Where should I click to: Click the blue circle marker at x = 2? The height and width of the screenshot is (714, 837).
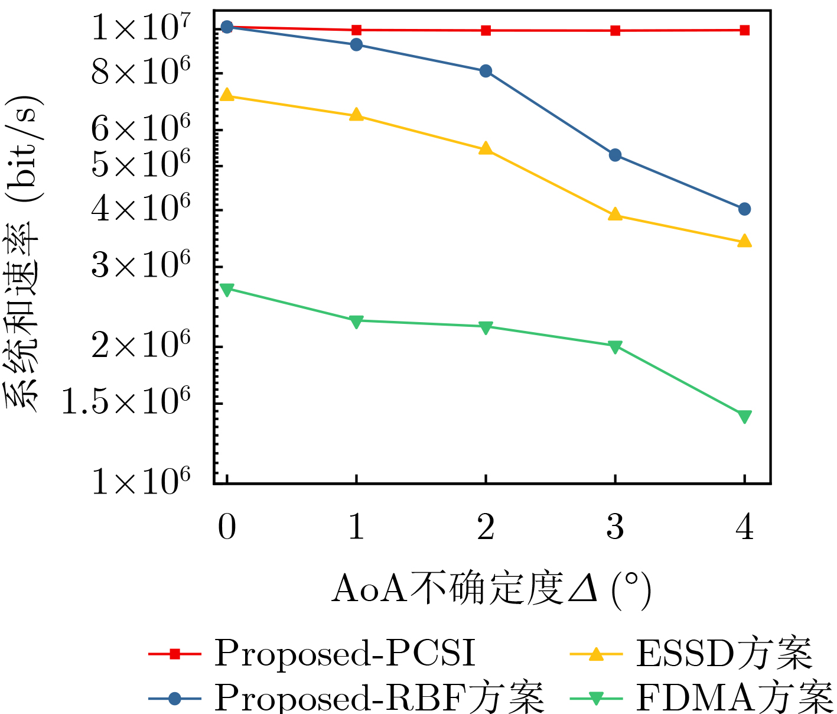(x=486, y=71)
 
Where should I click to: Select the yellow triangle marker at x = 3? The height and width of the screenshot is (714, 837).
(x=615, y=215)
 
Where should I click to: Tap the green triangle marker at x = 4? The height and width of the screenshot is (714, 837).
(x=744, y=417)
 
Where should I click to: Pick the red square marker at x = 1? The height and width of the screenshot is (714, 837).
(x=356, y=30)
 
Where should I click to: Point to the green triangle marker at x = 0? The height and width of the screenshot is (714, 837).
(x=227, y=289)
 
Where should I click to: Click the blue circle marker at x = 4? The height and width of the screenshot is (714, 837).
(x=744, y=209)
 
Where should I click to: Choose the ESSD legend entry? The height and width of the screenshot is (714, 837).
(x=691, y=654)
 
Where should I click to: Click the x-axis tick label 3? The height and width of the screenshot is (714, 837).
(x=615, y=527)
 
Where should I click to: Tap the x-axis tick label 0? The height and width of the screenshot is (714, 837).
(x=227, y=527)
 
